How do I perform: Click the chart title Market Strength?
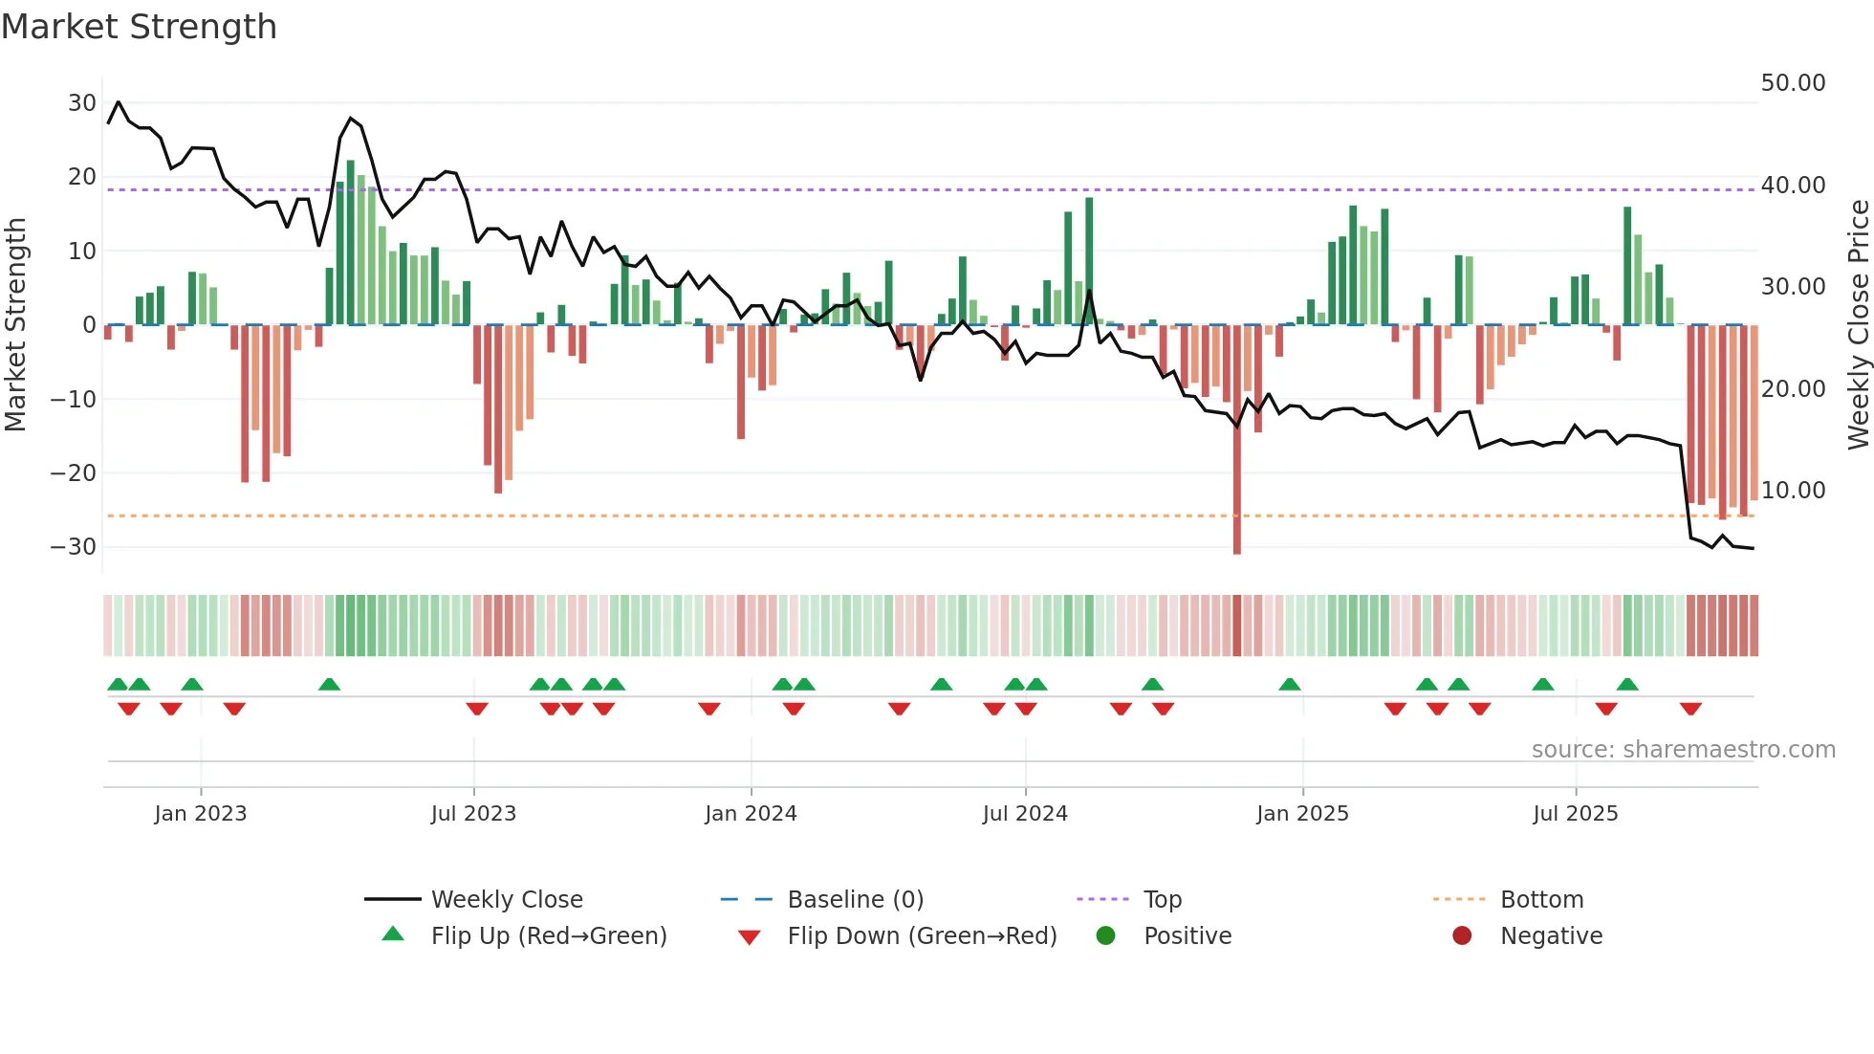coord(140,27)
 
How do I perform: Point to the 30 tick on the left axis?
coord(81,103)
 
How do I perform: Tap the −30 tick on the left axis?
coord(74,547)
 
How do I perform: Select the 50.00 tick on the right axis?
coord(1793,83)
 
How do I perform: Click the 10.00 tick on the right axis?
coord(1793,491)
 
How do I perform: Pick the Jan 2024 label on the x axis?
coord(751,814)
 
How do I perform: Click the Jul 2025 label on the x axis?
coord(1575,814)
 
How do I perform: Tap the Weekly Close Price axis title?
coord(1858,325)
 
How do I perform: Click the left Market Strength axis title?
coord(15,325)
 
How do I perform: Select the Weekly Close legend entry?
coord(506,900)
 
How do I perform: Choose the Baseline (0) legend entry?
coord(855,900)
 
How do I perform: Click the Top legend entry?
coord(1162,900)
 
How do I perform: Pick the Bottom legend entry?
coord(1541,900)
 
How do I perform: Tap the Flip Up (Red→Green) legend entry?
coord(548,936)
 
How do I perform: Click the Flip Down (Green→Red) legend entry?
coord(922,936)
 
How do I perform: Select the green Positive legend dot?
coord(1106,936)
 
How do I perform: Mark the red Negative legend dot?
coord(1462,936)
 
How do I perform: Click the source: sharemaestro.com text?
coord(1683,750)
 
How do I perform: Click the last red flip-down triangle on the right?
coord(1690,709)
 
